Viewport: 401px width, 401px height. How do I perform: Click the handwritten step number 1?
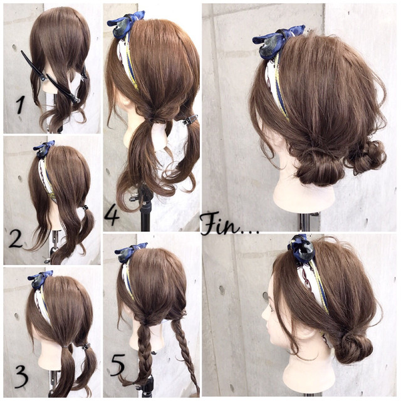pyautogui.click(x=21, y=105)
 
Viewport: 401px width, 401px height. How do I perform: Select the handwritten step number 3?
pyautogui.click(x=21, y=377)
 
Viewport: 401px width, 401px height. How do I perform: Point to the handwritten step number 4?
pyautogui.click(x=112, y=217)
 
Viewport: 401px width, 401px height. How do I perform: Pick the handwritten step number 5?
pyautogui.click(x=118, y=365)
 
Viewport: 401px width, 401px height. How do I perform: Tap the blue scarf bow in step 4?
pyautogui.click(x=126, y=24)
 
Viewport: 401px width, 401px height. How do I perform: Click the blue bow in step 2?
pyautogui.click(x=44, y=149)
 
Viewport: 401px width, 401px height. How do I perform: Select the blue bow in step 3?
pyautogui.click(x=40, y=279)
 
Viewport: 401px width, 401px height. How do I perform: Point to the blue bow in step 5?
pyautogui.click(x=130, y=252)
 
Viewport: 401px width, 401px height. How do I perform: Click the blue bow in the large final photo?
pyautogui.click(x=278, y=41)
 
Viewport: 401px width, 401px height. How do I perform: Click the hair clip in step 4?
pyautogui.click(x=190, y=120)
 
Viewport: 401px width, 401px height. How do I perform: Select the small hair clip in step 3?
pyautogui.click(x=86, y=346)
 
